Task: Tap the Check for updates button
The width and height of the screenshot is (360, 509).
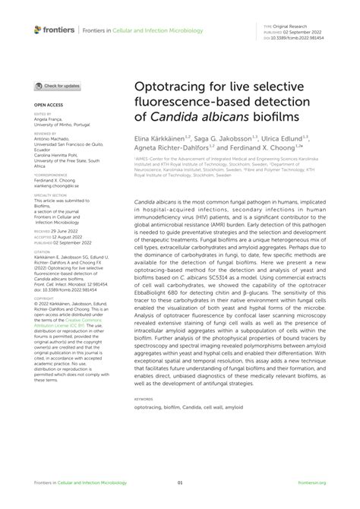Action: click(58, 86)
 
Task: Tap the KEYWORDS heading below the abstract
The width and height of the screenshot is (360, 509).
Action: click(143, 398)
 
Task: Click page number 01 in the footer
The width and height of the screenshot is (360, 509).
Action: click(180, 482)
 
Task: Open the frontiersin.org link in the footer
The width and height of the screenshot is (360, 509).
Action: click(311, 482)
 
